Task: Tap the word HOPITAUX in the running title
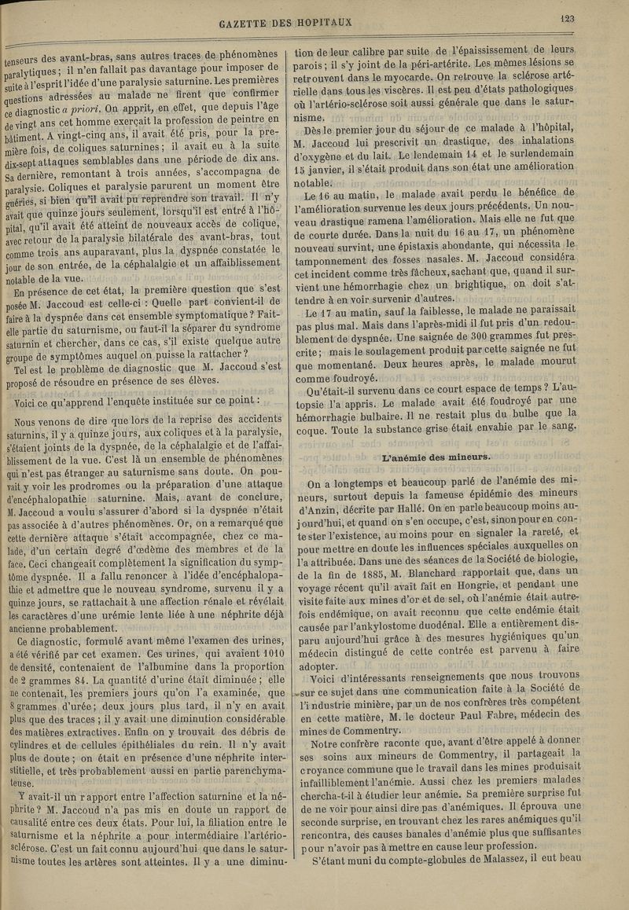[x=325, y=22]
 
